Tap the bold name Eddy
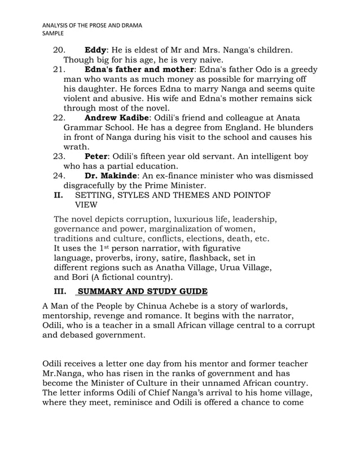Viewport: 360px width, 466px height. pos(95,50)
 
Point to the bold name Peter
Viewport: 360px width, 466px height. pos(96,156)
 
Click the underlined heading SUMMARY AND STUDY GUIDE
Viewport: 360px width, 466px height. pos(142,291)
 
